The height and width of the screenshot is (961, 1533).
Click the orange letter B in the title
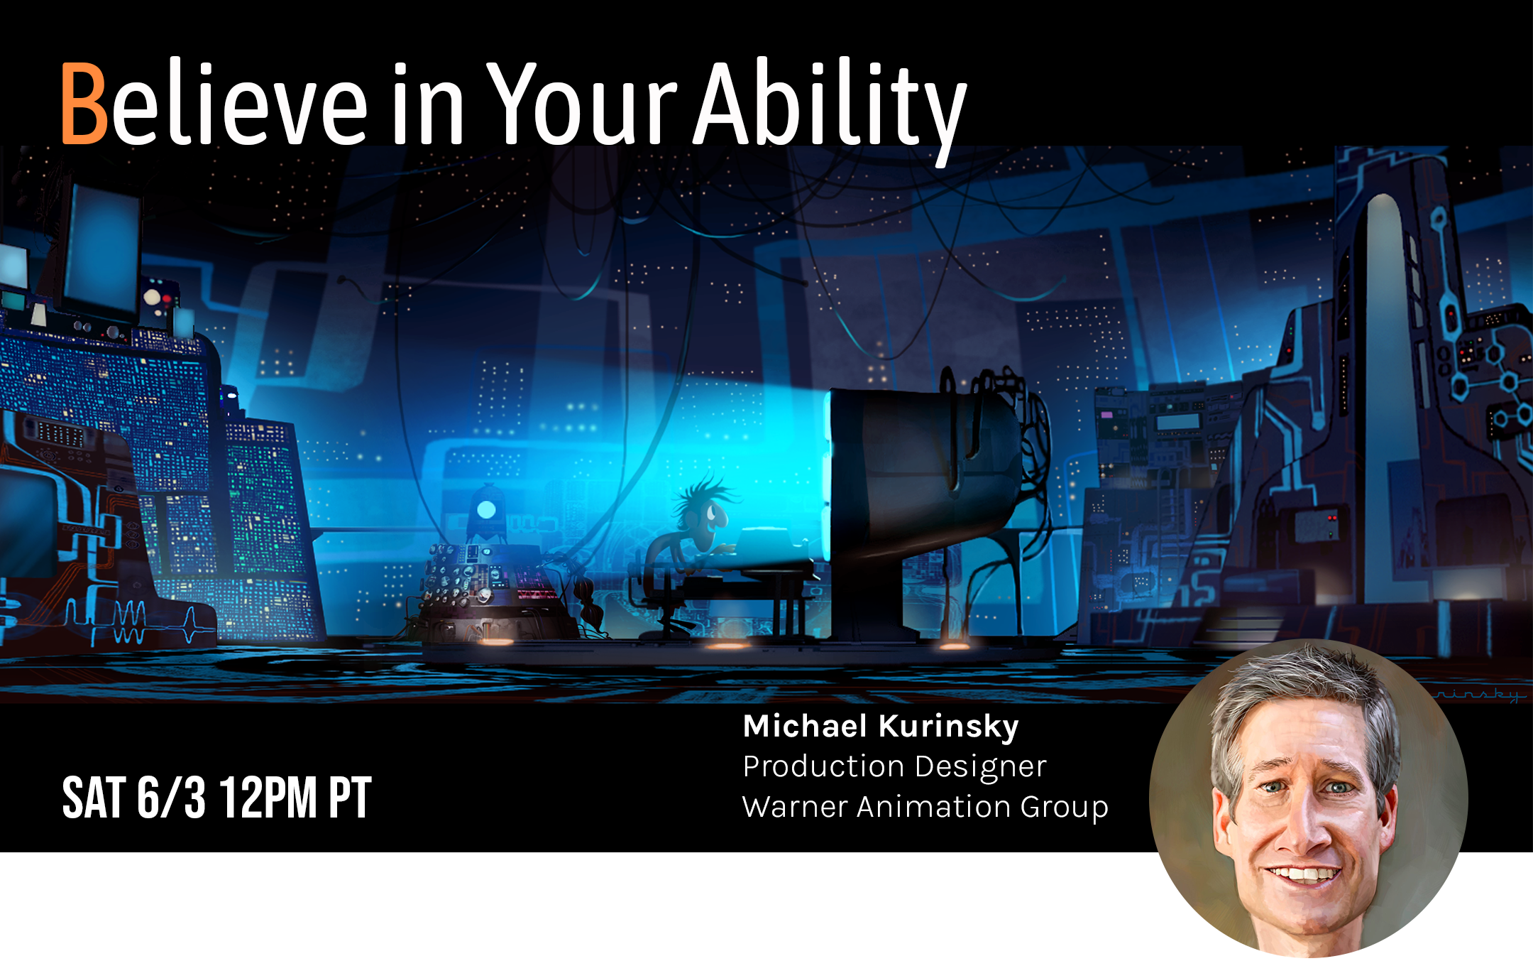click(x=84, y=104)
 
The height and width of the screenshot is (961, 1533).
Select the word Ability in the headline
click(x=830, y=111)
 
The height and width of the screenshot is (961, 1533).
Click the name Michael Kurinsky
click(x=881, y=727)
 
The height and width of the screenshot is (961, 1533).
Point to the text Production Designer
click(x=894, y=767)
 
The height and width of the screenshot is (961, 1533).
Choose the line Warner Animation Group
click(x=925, y=808)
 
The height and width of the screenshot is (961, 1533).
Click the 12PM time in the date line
click(x=268, y=798)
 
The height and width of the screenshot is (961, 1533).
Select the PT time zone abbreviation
click(x=350, y=798)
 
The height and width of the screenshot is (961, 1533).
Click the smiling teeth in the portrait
click(x=1304, y=873)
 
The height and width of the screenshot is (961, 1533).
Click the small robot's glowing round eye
click(x=486, y=509)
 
